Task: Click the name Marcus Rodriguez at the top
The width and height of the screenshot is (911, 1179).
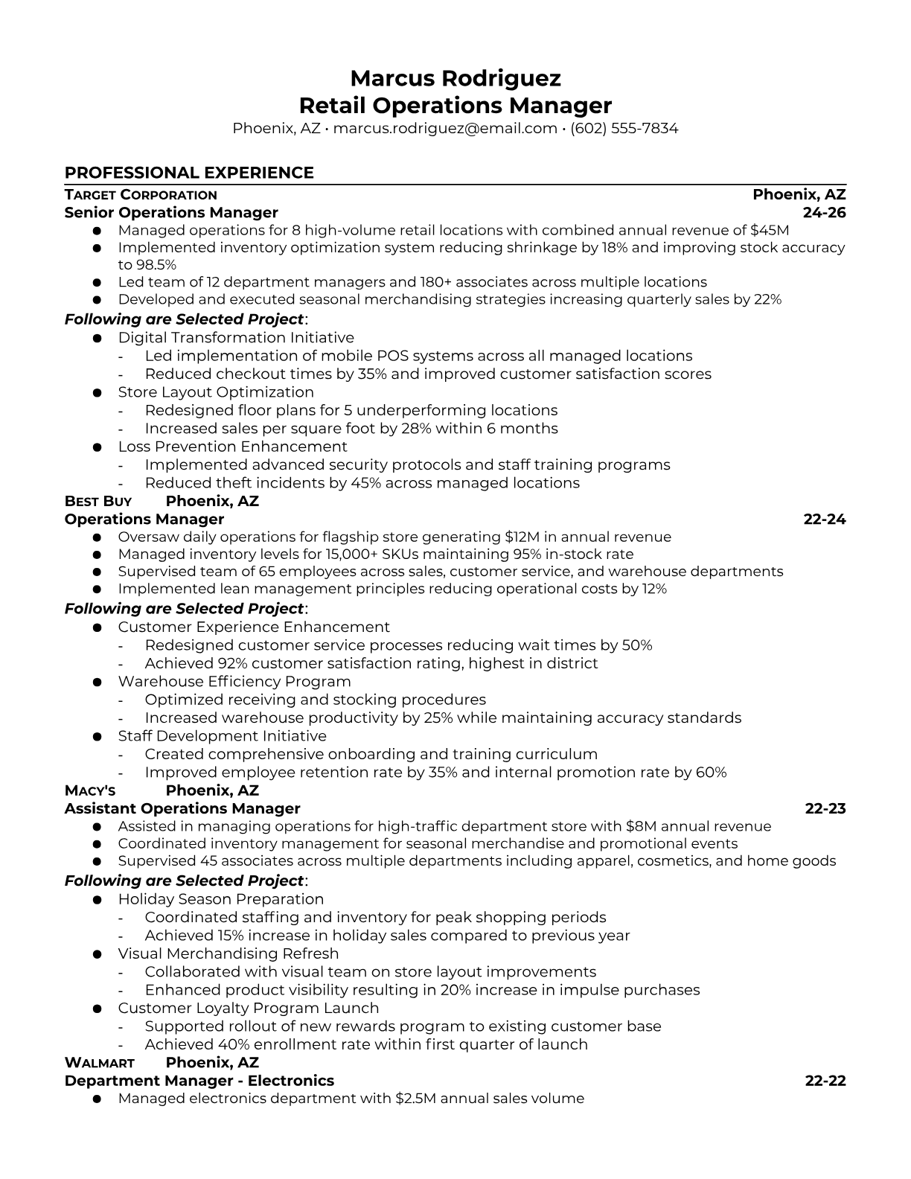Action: click(x=455, y=78)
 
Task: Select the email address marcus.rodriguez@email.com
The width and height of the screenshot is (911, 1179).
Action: click(x=445, y=128)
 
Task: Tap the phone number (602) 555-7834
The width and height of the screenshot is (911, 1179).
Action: click(x=624, y=128)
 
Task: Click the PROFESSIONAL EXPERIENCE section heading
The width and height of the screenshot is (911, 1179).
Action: click(x=189, y=173)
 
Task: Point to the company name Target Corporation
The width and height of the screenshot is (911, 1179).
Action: click(x=141, y=195)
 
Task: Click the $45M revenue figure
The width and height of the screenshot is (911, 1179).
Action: click(x=770, y=231)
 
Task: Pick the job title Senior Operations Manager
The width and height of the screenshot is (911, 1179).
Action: click(x=171, y=213)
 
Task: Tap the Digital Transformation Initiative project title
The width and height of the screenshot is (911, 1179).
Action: click(x=236, y=338)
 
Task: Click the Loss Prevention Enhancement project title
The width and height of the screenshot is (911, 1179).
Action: click(x=232, y=447)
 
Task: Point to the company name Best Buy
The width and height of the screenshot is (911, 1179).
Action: click(x=98, y=502)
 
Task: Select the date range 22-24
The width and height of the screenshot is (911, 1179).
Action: click(x=825, y=520)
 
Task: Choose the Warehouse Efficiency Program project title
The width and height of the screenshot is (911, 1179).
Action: click(x=234, y=682)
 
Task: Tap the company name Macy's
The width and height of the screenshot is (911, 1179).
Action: click(x=90, y=791)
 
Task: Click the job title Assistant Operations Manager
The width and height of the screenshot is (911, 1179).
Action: click(x=182, y=809)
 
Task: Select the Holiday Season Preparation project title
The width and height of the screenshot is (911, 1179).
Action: click(x=221, y=899)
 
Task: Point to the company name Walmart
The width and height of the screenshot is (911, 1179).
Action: click(x=100, y=1063)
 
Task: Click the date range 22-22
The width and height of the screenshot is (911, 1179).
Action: click(x=825, y=1081)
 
